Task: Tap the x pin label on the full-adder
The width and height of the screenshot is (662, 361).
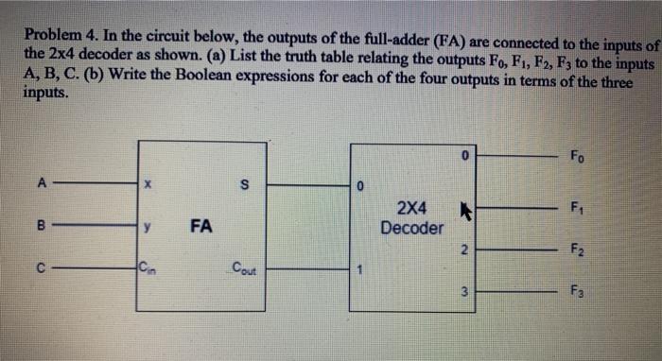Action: coord(148,186)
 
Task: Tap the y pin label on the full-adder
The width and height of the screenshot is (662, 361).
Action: coord(148,226)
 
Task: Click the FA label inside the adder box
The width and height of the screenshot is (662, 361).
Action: coord(200,226)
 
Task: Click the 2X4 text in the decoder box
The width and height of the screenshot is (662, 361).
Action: coord(411,207)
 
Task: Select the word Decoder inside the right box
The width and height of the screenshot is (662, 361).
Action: coord(411,228)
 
